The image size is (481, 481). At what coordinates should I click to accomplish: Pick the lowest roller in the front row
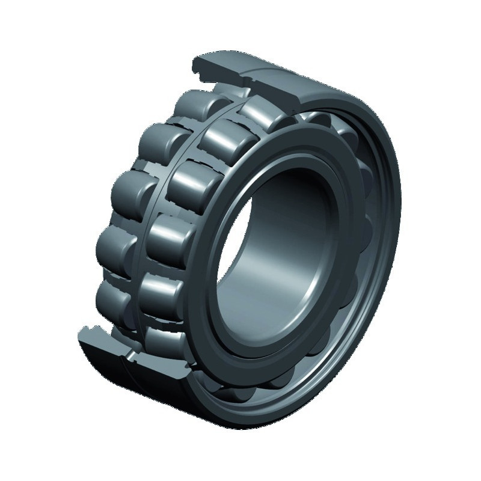point(163,340)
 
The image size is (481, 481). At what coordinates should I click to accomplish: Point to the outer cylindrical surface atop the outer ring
point(301,84)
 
